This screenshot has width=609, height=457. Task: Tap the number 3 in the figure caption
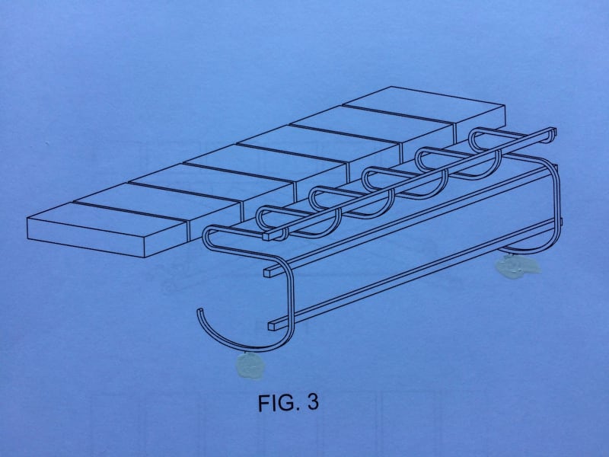[x=311, y=402]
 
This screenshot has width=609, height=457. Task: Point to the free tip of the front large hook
[x=199, y=311]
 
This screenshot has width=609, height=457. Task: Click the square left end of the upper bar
[x=268, y=271]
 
